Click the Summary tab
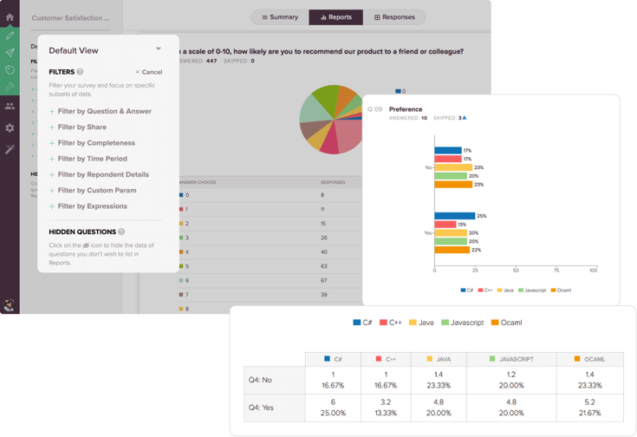pos(279,17)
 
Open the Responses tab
pos(394,17)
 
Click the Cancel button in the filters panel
pos(149,72)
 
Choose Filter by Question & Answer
pos(104,112)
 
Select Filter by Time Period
pos(92,159)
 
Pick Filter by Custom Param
pos(96,191)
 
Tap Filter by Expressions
pos(92,206)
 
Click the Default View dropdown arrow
pos(158,49)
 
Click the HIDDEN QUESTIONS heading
pos(82,232)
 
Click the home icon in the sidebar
pos(10,17)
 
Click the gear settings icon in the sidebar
pos(10,127)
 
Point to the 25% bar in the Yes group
pos(454,216)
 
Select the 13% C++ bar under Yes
pos(445,225)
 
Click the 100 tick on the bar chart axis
pos(593,271)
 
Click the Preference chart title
pos(406,109)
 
